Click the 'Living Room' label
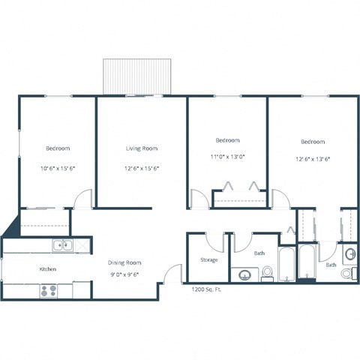tap(141, 148)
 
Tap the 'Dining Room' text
tap(124, 262)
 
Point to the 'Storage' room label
tap(209, 260)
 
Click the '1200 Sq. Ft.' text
tap(206, 289)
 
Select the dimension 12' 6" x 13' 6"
tap(313, 158)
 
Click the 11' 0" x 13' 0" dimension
tap(228, 157)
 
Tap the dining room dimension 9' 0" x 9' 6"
tap(124, 274)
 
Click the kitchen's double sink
tap(61, 244)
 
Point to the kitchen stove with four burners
tap(49, 290)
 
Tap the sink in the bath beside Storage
tap(245, 275)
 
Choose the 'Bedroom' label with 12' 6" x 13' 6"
tap(313, 142)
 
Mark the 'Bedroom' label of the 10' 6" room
tap(57, 148)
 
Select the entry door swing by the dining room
tap(174, 274)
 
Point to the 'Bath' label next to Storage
tap(259, 253)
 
